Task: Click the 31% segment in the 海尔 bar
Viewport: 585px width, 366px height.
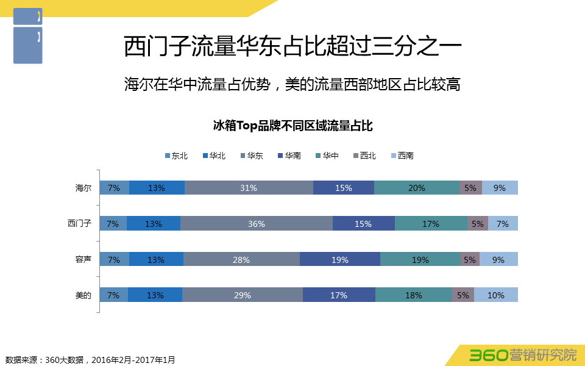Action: [x=249, y=188]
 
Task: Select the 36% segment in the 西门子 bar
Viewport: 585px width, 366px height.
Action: [x=257, y=224]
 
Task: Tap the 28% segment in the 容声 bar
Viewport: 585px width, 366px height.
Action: [x=241, y=260]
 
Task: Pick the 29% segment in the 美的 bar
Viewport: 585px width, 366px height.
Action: [x=243, y=295]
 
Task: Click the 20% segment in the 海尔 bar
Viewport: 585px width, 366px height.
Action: [x=417, y=188]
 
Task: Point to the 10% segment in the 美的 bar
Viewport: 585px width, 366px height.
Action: [x=496, y=295]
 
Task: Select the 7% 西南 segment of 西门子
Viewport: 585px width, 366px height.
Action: [x=503, y=224]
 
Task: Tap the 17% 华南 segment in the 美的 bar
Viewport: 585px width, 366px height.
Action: [x=339, y=295]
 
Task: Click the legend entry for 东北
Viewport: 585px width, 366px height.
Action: [x=176, y=156]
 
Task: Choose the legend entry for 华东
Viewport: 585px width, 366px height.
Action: [x=251, y=156]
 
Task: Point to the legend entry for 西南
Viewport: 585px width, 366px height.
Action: [x=402, y=156]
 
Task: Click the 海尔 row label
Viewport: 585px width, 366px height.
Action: [x=83, y=188]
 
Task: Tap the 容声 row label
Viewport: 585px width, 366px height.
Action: [x=83, y=260]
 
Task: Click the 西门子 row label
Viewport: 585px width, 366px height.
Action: [x=79, y=224]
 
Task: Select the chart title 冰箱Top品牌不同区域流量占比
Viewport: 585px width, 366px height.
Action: [x=292, y=126]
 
